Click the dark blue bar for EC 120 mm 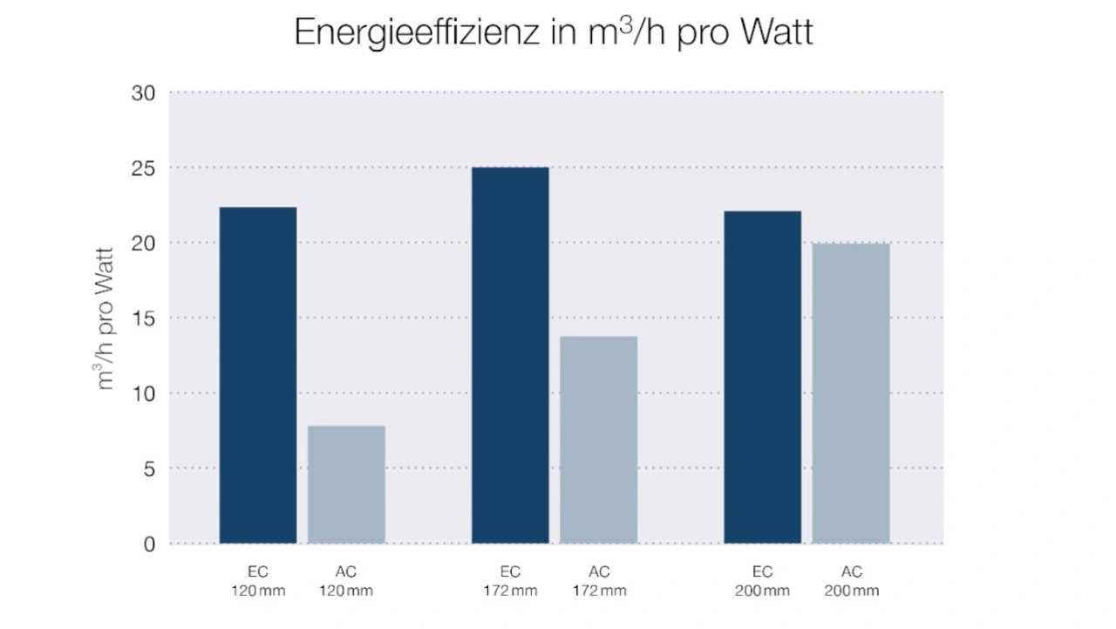tap(258, 375)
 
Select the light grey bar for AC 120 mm tap(346, 484)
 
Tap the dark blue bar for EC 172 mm tap(510, 355)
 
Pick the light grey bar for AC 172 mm tap(599, 440)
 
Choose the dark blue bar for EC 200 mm tap(763, 377)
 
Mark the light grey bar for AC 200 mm tap(851, 393)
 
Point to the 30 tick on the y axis tap(143, 92)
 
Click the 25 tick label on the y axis tap(143, 168)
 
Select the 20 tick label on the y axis tap(143, 243)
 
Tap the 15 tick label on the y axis tap(143, 318)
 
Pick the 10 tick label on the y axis tap(143, 393)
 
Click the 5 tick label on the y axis tap(148, 468)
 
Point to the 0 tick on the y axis tap(148, 544)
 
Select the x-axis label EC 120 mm tap(258, 582)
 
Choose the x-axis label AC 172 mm tap(599, 582)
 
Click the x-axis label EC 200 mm tap(763, 582)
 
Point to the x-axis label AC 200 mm tap(851, 582)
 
